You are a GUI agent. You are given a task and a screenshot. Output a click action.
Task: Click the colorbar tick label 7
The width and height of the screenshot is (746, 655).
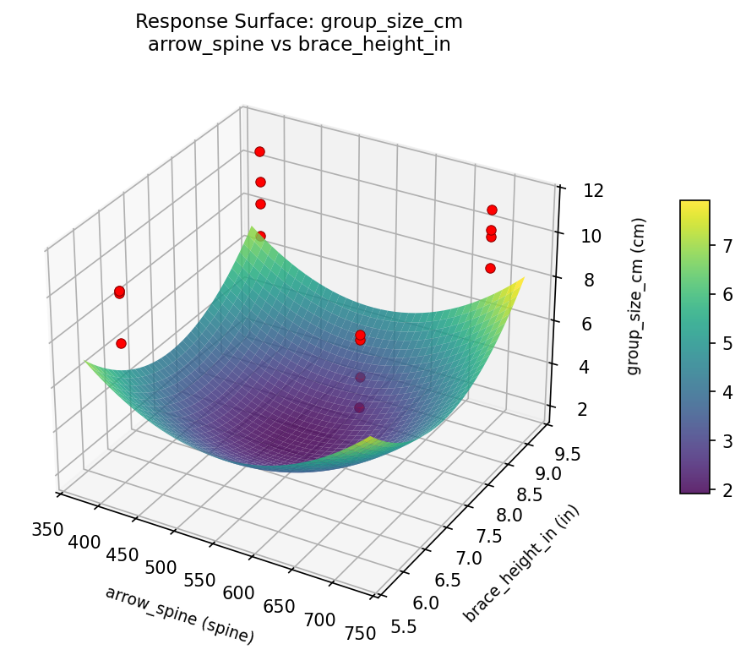click(723, 246)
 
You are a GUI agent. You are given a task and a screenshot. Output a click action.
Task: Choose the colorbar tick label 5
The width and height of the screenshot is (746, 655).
click(723, 343)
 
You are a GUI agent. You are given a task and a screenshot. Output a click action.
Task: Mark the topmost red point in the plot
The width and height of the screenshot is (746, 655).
click(259, 151)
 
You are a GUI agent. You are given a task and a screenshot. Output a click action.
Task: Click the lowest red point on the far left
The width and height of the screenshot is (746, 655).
click(121, 343)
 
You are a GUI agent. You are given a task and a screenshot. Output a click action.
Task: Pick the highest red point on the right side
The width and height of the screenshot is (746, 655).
click(492, 210)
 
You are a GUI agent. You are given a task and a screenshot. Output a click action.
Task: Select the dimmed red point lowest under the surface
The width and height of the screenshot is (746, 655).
click(360, 407)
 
